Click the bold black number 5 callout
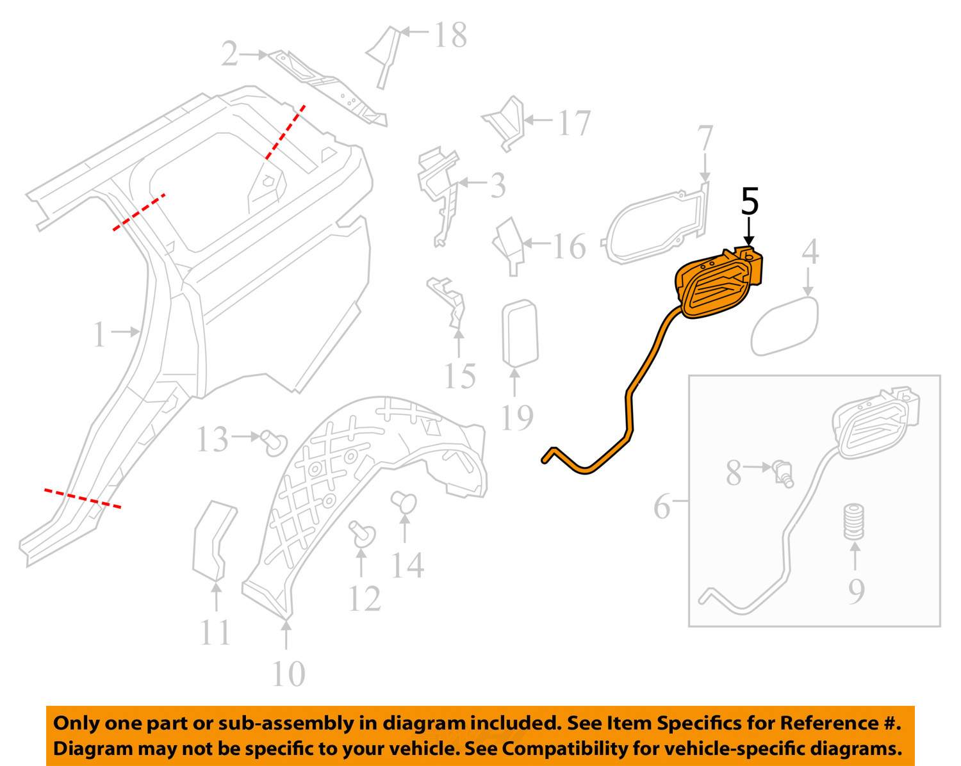750,202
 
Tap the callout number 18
450,35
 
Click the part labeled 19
520,333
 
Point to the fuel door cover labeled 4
785,325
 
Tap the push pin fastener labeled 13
274,442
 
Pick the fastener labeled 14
404,503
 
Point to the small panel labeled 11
213,541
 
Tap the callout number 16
568,247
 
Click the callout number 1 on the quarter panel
99,334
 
